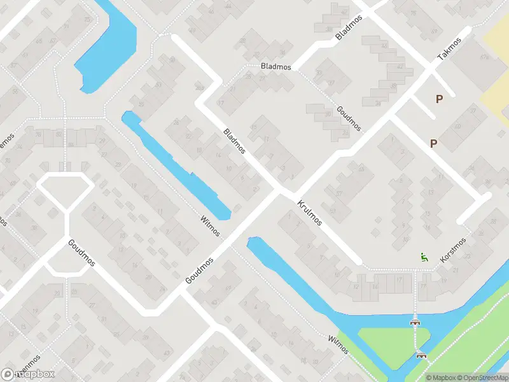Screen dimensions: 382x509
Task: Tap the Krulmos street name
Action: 310,213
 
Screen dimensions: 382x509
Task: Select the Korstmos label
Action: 452,251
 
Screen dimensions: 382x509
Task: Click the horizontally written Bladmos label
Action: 275,66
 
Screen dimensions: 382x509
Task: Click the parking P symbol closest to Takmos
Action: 439,99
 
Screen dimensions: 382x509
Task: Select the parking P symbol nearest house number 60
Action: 433,143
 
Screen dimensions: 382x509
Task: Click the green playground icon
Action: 423,257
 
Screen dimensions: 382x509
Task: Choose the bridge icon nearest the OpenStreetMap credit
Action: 420,355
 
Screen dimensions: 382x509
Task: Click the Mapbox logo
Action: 29,374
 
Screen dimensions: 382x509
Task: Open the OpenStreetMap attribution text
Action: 471,378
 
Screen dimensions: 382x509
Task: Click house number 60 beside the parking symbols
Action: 458,127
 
